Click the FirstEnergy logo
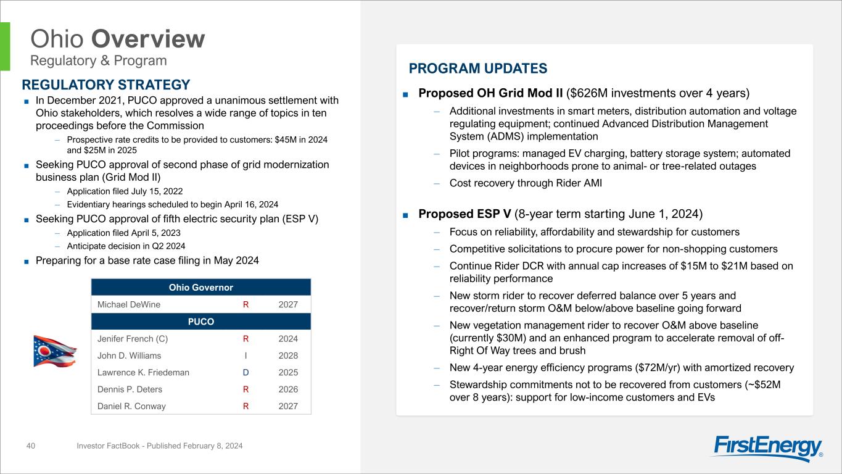769,448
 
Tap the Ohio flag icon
55,351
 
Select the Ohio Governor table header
201,287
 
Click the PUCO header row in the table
201,322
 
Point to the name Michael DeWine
129,304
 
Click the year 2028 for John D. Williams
287,355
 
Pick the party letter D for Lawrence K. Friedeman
246,372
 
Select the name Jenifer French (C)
132,339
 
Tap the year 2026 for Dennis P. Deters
287,389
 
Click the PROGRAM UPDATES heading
477,69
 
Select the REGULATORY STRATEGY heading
106,85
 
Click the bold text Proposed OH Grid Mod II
490,93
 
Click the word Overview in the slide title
148,39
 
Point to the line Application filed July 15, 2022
125,191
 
